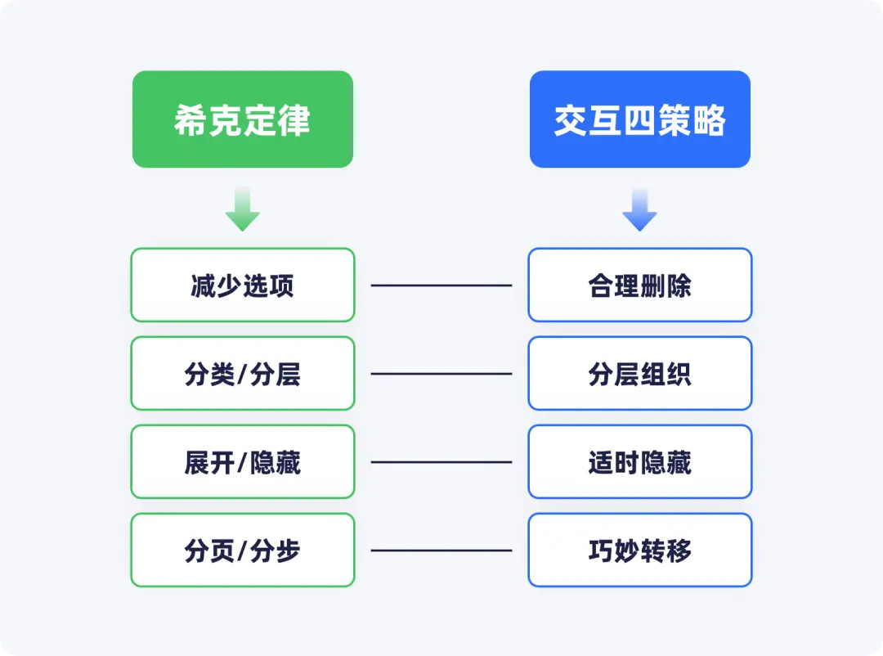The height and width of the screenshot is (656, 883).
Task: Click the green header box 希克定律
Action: tap(243, 119)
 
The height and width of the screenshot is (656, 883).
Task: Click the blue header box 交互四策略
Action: tap(639, 119)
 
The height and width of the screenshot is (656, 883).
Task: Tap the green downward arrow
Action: tap(243, 209)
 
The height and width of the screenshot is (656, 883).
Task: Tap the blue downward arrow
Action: tap(639, 209)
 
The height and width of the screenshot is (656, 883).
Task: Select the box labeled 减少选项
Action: tap(243, 285)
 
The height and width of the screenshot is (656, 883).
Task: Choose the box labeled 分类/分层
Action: tap(243, 373)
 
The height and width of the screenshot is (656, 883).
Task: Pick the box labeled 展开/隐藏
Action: tap(243, 461)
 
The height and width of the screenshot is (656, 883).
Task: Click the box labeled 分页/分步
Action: tap(243, 550)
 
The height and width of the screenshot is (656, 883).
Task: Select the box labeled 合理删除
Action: tap(640, 285)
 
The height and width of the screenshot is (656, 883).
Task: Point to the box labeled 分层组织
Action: tap(640, 373)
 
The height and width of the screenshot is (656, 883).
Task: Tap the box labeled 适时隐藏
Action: tap(640, 461)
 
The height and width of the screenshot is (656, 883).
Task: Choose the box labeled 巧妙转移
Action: tap(640, 550)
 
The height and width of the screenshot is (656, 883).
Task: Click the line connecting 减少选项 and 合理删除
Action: tap(441, 285)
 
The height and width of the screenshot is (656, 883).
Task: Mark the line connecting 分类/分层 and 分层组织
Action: tap(441, 374)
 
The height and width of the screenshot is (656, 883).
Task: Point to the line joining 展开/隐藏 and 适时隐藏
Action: tap(441, 462)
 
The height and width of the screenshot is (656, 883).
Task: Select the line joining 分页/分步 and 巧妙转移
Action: tap(441, 550)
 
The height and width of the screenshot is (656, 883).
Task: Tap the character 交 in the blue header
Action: tap(571, 120)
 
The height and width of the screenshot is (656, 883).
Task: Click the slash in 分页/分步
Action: tap(242, 550)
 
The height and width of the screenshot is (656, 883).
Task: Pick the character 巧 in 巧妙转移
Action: tap(601, 550)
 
